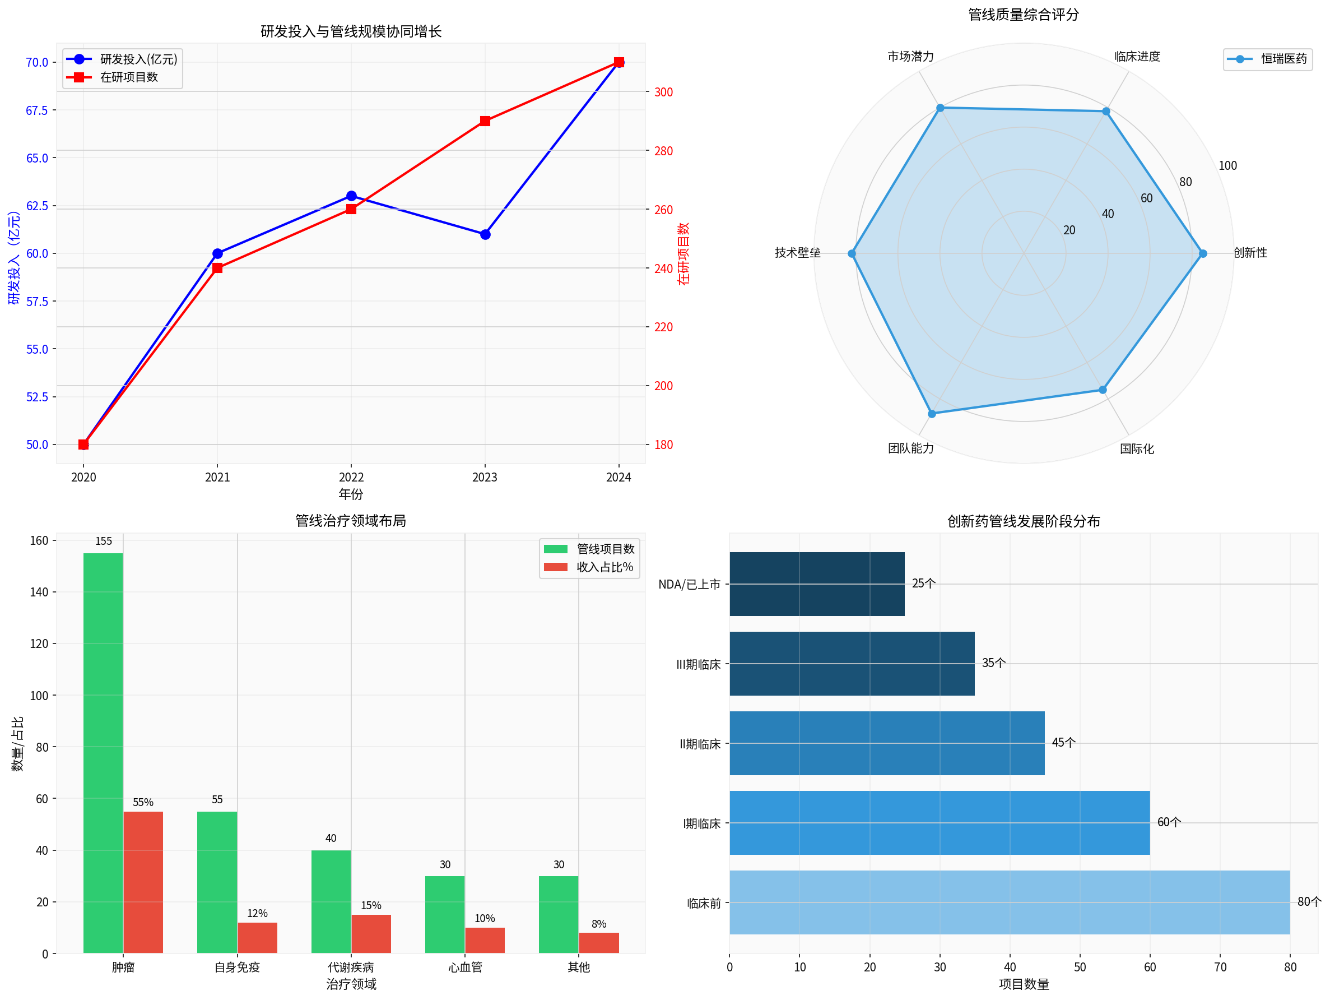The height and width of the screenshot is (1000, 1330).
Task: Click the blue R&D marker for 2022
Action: [351, 196]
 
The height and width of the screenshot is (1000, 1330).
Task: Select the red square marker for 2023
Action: [485, 121]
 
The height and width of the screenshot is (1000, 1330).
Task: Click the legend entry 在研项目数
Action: [129, 77]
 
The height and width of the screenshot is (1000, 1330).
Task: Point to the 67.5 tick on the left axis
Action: [36, 110]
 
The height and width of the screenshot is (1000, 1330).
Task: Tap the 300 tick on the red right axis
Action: [663, 92]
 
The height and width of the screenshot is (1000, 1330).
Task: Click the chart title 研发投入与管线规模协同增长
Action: [351, 31]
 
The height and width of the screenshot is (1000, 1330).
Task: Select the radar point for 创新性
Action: [1202, 253]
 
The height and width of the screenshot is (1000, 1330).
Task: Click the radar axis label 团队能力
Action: [910, 448]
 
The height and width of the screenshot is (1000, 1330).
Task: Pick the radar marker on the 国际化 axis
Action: [1103, 390]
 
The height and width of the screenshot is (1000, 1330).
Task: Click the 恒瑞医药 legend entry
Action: [1283, 59]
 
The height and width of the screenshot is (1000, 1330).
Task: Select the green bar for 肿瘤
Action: [103, 752]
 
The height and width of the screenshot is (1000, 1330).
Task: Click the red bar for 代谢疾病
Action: [371, 933]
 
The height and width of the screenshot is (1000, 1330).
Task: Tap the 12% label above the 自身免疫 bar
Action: [257, 913]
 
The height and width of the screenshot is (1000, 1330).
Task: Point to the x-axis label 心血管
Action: [465, 967]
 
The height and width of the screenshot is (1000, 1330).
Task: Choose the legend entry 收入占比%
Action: [604, 567]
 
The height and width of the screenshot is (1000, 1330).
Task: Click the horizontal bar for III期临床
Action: [852, 664]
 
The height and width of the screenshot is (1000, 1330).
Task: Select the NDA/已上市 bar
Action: [816, 584]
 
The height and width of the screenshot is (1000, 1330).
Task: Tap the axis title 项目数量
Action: [1024, 984]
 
